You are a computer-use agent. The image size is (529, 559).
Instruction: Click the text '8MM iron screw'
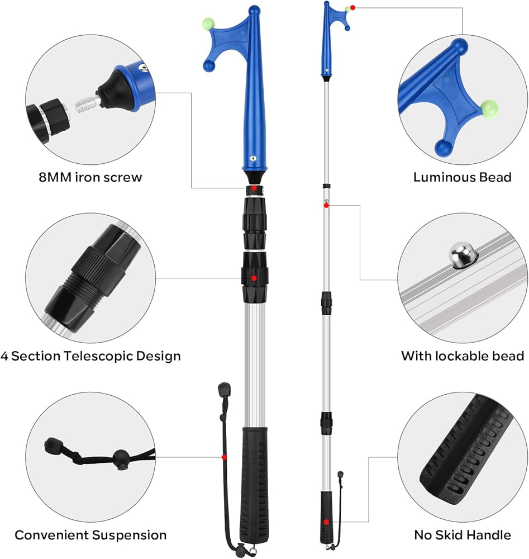click(x=90, y=177)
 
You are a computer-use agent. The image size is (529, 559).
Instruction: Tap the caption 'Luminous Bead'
click(x=462, y=177)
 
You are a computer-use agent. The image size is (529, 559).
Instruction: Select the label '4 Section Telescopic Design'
click(x=90, y=356)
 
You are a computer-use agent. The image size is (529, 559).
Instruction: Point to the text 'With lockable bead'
click(x=463, y=356)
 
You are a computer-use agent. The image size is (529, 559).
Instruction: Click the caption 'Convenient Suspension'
click(x=90, y=535)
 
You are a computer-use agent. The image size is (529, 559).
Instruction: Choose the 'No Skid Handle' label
click(x=463, y=535)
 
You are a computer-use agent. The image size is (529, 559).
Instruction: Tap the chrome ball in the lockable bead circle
click(x=463, y=254)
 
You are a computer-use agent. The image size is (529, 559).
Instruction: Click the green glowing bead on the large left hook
click(x=209, y=23)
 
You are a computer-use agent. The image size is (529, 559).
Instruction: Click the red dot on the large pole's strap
click(x=224, y=457)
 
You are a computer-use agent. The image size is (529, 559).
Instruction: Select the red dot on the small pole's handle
click(x=326, y=522)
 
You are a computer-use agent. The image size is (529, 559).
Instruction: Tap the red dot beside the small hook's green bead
click(x=352, y=7)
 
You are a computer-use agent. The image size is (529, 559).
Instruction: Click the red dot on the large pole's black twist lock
click(x=254, y=278)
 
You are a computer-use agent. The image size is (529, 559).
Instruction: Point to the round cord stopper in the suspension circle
click(x=121, y=457)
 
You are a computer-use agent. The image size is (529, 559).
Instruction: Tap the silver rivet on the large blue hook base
click(x=253, y=158)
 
